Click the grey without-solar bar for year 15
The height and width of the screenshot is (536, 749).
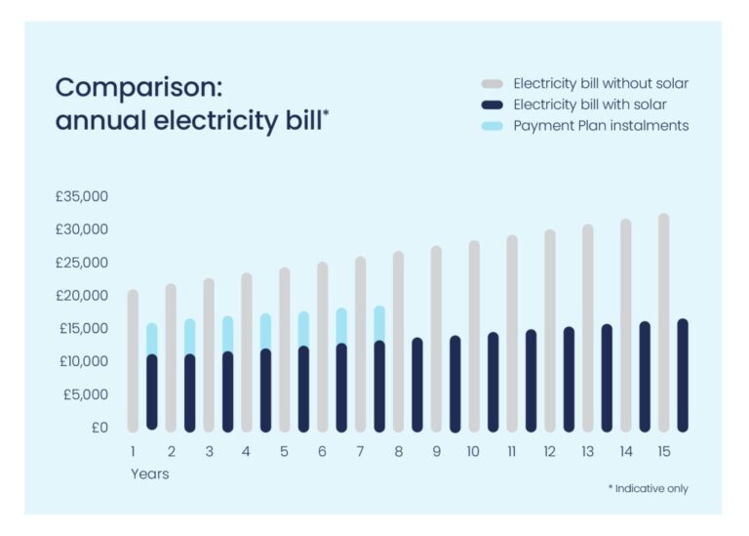click(664, 322)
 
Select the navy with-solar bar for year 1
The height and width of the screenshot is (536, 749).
click(152, 392)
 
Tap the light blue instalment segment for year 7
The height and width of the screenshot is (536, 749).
click(379, 323)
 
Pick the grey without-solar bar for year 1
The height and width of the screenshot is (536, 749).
click(133, 360)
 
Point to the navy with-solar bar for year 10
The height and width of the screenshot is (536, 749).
click(493, 382)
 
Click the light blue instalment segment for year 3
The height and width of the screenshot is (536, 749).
click(227, 334)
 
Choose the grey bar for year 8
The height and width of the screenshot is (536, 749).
click(398, 341)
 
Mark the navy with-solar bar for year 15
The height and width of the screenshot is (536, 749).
click(683, 375)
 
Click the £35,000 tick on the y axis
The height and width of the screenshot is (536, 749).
click(82, 196)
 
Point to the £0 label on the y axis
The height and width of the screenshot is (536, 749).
click(99, 427)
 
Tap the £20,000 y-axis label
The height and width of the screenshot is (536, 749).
click(82, 295)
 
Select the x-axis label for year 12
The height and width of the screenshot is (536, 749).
click(550, 452)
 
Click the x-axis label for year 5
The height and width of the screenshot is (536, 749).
click(284, 452)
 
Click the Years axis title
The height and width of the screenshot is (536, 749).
click(149, 474)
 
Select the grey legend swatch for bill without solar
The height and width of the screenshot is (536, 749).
click(493, 83)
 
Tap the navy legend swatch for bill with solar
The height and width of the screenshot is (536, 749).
click(493, 104)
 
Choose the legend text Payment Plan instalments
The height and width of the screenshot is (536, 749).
click(601, 125)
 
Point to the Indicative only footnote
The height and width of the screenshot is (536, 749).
click(648, 488)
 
